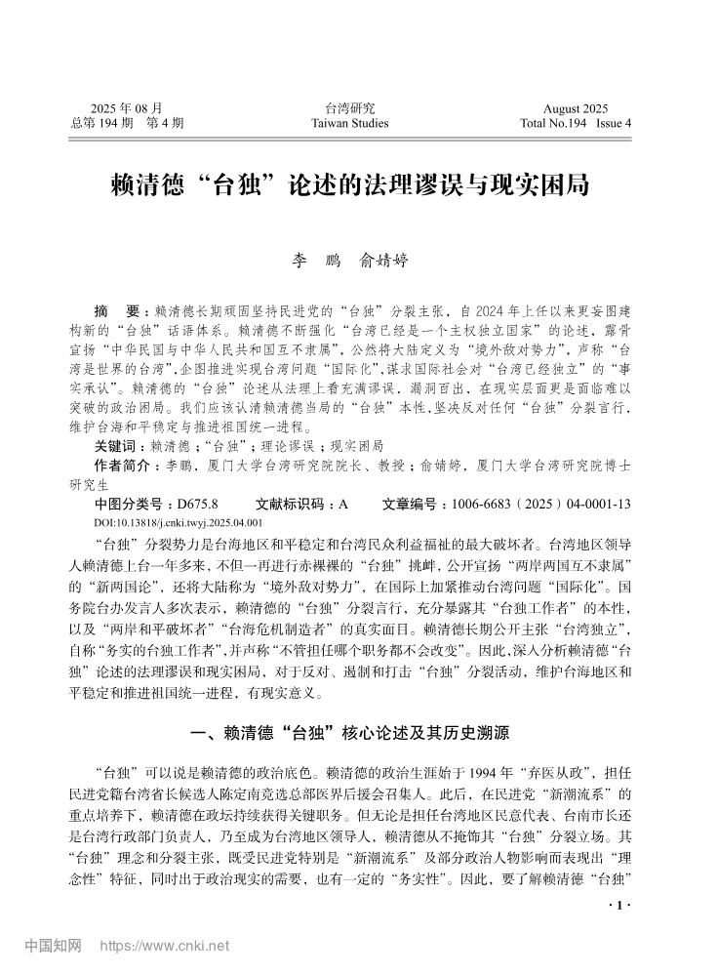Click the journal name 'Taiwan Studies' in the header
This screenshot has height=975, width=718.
(349, 123)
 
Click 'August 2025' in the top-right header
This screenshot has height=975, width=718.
(576, 108)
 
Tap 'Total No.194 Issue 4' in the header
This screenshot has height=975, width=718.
(576, 123)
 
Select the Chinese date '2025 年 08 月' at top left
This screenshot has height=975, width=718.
(126, 108)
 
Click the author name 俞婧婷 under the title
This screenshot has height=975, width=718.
(383, 261)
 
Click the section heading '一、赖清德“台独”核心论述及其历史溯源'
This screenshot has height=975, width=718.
(358, 732)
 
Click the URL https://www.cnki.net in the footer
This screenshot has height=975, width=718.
(165, 946)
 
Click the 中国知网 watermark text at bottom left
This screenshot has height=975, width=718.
(53, 946)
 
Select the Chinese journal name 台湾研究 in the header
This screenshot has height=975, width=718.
(349, 108)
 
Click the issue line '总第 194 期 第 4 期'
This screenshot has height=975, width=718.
(127, 123)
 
